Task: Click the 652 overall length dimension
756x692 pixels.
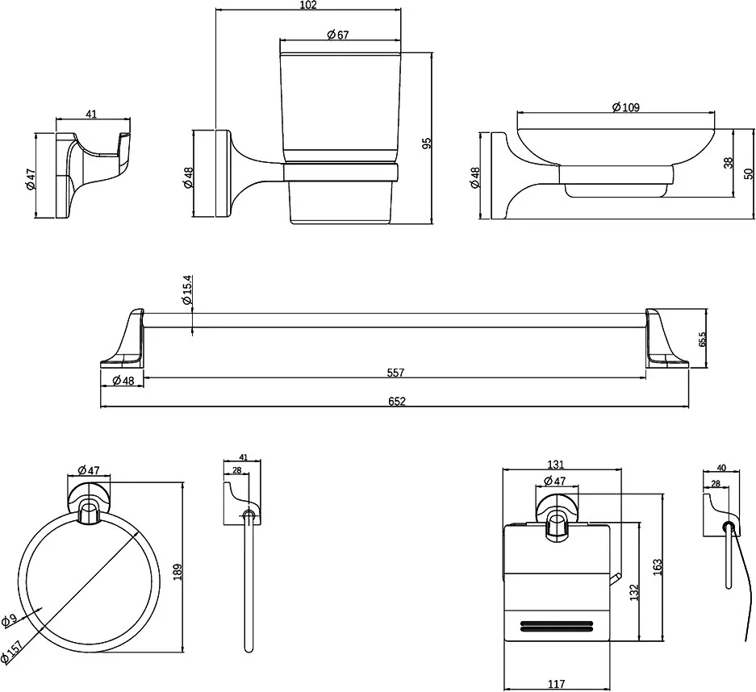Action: tap(396, 401)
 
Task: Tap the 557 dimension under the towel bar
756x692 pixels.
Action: tap(395, 373)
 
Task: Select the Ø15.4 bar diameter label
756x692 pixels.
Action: tap(187, 290)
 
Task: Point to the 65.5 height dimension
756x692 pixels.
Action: tap(703, 339)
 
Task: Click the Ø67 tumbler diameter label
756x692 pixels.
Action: tap(338, 35)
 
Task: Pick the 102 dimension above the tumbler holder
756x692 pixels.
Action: tap(308, 6)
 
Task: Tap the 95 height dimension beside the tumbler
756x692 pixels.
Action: tap(428, 142)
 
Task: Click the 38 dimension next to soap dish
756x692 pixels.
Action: tap(728, 162)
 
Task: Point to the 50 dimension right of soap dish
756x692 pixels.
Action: tap(748, 173)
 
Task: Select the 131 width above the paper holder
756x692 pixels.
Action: tap(556, 465)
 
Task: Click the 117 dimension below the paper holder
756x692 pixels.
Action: tap(556, 684)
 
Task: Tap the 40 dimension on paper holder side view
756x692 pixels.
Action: tap(720, 467)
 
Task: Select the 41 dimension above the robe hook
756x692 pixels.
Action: tap(90, 115)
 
